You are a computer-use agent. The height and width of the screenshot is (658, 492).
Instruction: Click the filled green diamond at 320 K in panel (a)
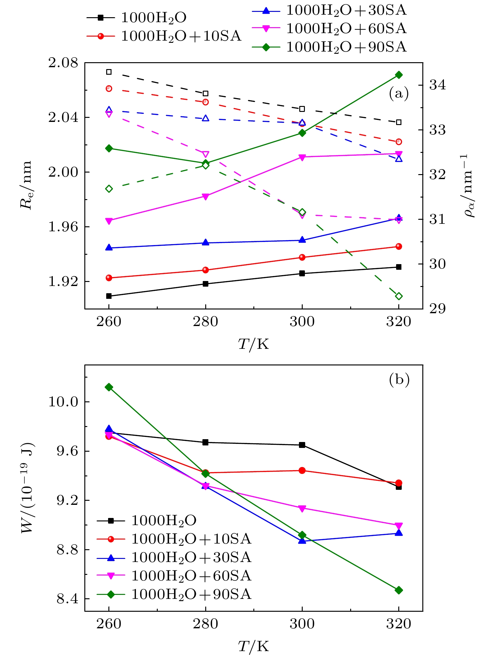point(399,75)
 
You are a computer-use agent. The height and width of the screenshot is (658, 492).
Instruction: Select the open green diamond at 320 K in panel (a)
point(399,296)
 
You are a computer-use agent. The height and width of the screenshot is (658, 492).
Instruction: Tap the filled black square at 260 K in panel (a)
point(109,296)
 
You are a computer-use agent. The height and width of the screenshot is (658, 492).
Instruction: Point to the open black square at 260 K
point(109,72)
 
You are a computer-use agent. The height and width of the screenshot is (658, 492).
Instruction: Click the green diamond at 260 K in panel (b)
point(109,387)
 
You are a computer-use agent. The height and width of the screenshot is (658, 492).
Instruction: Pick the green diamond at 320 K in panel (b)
point(399,590)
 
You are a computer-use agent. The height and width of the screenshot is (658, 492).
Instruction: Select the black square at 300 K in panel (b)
point(302,445)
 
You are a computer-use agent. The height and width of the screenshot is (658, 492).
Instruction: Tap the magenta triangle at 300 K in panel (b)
point(302,509)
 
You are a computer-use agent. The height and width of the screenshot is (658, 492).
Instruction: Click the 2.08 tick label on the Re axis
point(63,63)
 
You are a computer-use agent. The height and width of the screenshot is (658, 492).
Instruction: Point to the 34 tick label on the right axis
point(438,85)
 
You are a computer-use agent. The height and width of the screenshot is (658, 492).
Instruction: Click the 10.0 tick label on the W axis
point(63,402)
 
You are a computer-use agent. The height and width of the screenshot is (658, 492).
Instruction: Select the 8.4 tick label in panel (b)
point(67,599)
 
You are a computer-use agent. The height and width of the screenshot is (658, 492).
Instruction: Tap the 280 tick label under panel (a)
point(205,322)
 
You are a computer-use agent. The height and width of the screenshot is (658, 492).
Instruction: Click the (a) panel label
point(399,93)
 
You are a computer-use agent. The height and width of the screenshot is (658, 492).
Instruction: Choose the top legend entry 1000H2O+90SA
point(346,47)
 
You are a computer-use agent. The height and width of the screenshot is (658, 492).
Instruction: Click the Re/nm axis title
point(26,185)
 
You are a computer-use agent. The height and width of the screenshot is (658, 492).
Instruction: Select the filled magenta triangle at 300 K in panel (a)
point(302,157)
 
